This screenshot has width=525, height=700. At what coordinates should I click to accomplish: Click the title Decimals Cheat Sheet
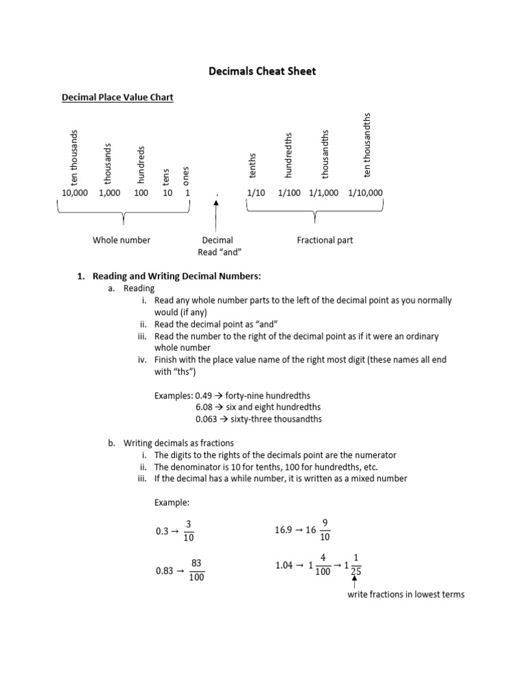(x=262, y=71)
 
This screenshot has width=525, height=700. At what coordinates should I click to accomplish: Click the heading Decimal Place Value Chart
(x=118, y=98)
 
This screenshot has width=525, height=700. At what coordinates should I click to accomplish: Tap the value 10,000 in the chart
(x=76, y=193)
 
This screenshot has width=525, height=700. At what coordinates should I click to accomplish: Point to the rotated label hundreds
(x=142, y=165)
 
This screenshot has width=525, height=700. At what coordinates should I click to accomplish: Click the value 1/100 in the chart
(x=290, y=193)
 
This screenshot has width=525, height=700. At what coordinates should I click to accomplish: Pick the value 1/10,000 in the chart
(x=365, y=193)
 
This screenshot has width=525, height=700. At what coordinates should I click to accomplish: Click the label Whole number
(x=122, y=240)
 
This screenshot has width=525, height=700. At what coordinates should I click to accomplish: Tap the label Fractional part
(x=325, y=240)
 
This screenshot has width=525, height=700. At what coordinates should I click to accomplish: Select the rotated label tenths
(x=252, y=169)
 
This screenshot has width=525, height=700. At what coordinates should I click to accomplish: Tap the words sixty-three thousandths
(x=278, y=419)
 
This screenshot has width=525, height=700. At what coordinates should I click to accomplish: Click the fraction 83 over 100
(x=197, y=570)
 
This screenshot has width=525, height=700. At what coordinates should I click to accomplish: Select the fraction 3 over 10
(x=188, y=530)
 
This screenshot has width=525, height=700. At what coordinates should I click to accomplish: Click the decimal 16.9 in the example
(x=284, y=530)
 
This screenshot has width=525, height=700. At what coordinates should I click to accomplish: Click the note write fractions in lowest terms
(x=406, y=594)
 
